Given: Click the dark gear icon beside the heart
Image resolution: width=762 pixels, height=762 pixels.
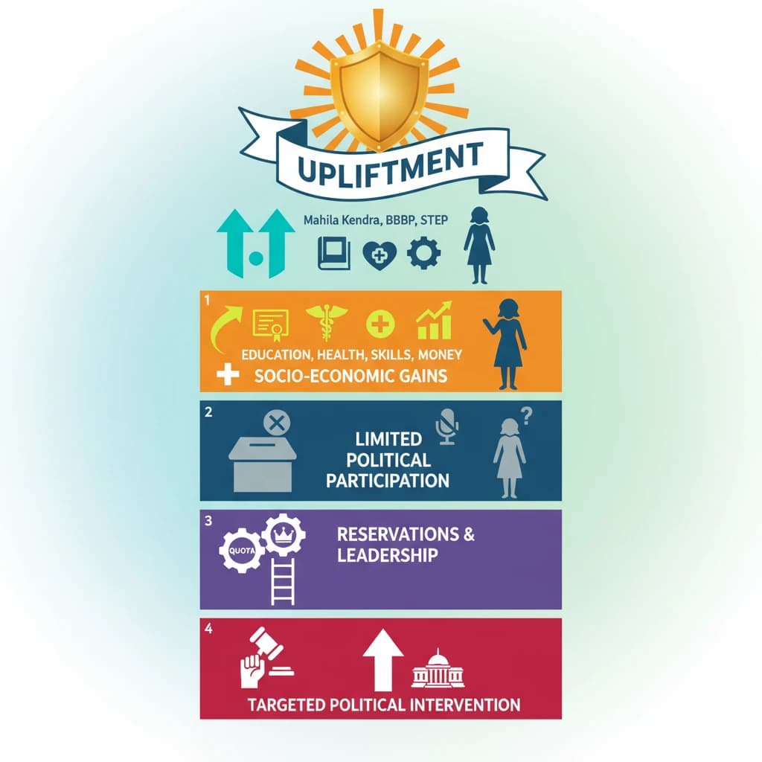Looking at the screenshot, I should pos(423,254).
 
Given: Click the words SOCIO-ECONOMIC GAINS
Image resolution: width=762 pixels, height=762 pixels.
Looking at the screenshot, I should pos(350,375).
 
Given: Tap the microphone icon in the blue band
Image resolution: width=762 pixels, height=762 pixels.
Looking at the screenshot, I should pos(447,426).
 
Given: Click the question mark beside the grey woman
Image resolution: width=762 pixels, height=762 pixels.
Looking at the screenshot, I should pos(527,417).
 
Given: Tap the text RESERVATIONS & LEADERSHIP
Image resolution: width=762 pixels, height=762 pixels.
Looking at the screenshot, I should pos(406,545).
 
